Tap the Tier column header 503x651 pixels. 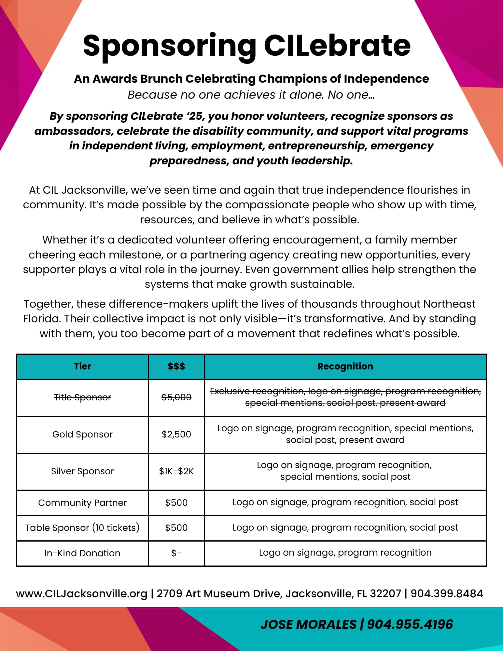(82, 367)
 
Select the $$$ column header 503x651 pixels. (176, 367)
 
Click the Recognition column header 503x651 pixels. (345, 367)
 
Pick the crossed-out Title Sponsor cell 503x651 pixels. (82, 397)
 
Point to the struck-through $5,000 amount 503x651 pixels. (176, 397)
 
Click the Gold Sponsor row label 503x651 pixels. (82, 435)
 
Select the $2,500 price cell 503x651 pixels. (176, 435)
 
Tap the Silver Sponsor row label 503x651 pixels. (82, 471)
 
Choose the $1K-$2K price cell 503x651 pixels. (176, 471)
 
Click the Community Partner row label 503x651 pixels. (82, 503)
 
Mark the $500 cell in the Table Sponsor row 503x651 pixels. (176, 528)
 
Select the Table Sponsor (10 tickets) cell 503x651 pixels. (82, 528)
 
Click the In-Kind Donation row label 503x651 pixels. (82, 553)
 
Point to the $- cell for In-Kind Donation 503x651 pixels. (176, 553)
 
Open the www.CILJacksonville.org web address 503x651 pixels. (82, 594)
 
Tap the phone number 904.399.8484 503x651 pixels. (447, 594)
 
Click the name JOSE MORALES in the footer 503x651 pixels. (308, 625)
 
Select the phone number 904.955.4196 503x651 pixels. (410, 625)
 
